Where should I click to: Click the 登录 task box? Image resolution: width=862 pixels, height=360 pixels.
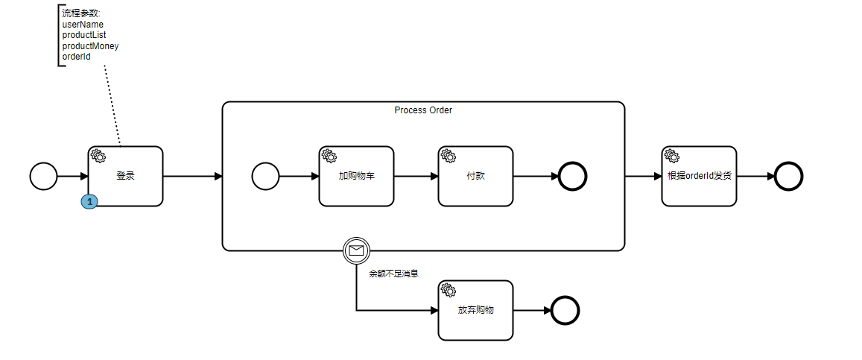click(125, 177)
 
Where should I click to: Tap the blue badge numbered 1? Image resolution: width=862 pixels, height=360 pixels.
click(89, 202)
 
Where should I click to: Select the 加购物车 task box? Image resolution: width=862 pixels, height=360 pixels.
click(356, 177)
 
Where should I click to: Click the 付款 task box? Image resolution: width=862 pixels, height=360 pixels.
click(475, 177)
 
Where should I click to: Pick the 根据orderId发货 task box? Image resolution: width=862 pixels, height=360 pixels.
click(699, 177)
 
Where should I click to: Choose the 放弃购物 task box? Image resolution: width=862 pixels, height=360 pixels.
click(475, 310)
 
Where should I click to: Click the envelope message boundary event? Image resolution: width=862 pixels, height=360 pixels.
click(356, 250)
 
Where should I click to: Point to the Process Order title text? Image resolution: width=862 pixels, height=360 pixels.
click(423, 110)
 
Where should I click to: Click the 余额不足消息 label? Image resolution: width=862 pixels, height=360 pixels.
click(394, 274)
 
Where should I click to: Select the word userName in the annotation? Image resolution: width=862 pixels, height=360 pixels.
click(83, 25)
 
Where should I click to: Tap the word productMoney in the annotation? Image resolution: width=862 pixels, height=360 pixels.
click(90, 46)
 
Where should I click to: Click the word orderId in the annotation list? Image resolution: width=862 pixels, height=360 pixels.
click(77, 57)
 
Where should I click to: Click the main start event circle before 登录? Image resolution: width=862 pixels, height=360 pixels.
click(43, 177)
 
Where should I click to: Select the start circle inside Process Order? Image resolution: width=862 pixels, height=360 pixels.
click(265, 177)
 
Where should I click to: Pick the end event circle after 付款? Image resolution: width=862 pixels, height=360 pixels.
click(573, 177)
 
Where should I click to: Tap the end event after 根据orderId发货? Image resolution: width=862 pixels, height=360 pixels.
click(788, 177)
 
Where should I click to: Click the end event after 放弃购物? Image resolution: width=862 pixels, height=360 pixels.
click(565, 310)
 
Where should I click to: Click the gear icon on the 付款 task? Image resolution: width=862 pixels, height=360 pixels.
click(448, 156)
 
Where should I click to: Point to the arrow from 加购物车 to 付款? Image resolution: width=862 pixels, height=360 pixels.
click(416, 177)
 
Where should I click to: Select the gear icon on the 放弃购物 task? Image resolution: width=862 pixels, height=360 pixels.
click(448, 290)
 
